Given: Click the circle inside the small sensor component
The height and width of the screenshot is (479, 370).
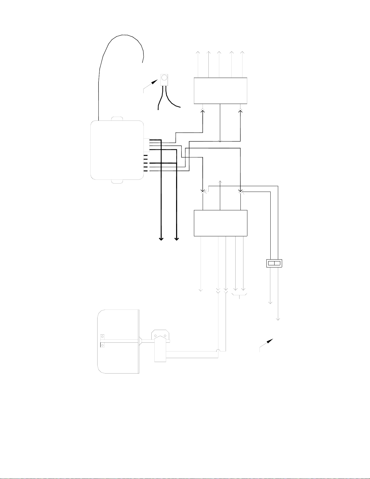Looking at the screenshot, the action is click(x=164, y=78).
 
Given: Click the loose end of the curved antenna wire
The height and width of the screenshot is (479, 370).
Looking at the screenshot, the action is click(x=143, y=62).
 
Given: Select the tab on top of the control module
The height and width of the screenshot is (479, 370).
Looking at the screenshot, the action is click(x=117, y=119).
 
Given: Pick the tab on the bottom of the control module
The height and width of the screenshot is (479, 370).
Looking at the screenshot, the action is click(x=117, y=181).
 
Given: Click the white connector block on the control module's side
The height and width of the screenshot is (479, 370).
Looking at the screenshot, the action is click(x=146, y=145).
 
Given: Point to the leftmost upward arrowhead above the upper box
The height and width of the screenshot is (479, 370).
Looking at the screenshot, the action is click(x=198, y=52).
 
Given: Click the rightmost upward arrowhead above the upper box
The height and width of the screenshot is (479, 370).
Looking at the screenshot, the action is click(x=242, y=52).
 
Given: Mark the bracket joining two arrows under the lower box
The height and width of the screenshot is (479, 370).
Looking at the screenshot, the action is click(x=240, y=295).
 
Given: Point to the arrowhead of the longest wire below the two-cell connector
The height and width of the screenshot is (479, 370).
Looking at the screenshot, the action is click(x=278, y=319).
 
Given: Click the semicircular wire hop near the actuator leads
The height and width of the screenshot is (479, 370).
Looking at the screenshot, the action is click(x=218, y=350).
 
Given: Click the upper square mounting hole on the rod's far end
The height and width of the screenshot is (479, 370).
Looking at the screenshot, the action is click(x=102, y=336).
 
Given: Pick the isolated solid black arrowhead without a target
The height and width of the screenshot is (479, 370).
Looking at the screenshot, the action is click(x=270, y=341).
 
